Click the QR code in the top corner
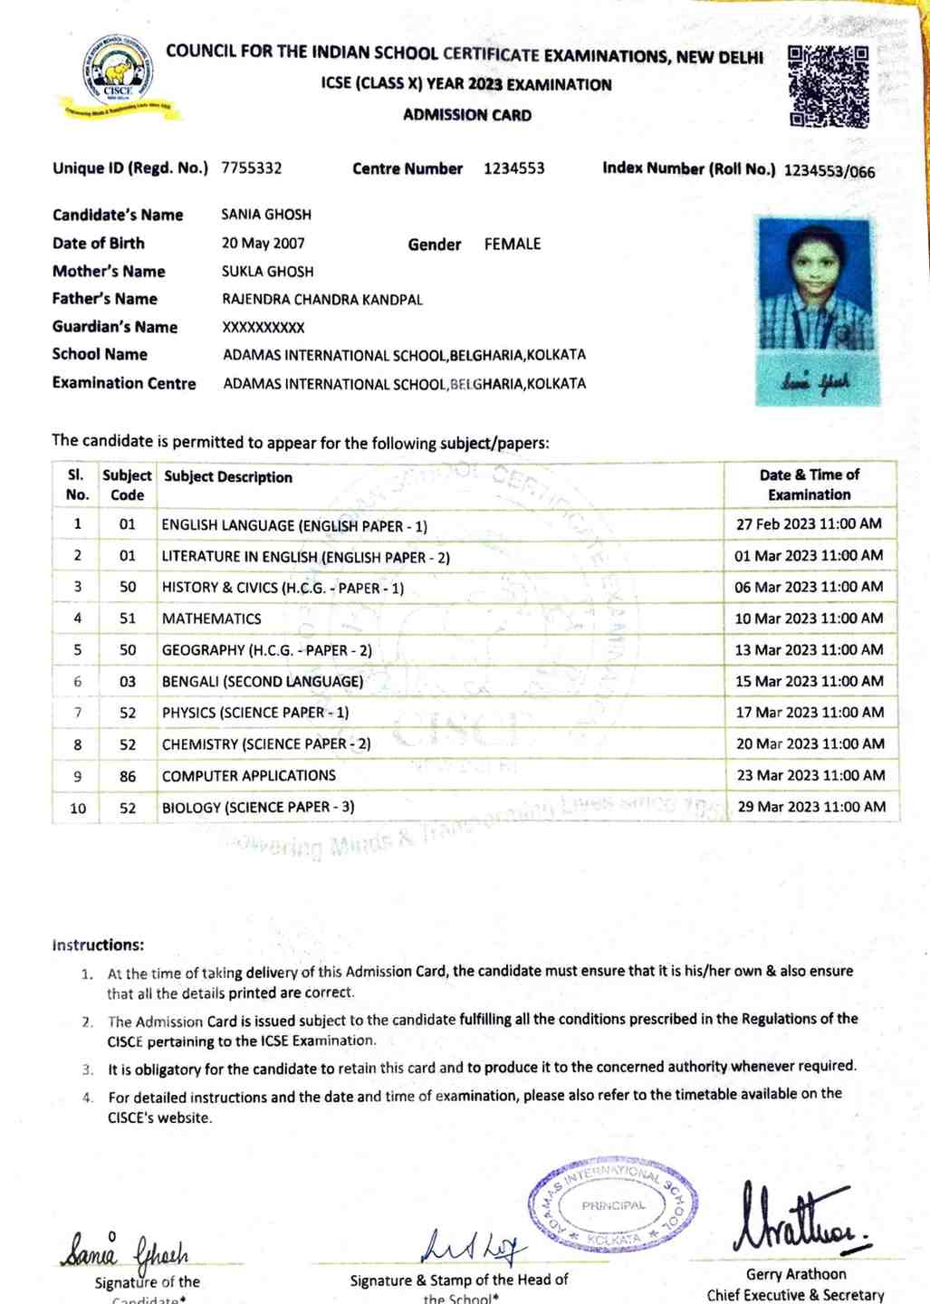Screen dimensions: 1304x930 (829, 86)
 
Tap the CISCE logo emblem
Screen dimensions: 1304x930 (118, 77)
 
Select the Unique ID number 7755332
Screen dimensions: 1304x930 (252, 168)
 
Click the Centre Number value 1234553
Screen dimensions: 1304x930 (514, 168)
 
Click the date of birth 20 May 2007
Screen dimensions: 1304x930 (264, 244)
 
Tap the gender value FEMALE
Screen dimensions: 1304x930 (513, 244)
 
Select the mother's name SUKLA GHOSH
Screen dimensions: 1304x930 (268, 272)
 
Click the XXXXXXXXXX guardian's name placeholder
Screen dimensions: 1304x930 (264, 328)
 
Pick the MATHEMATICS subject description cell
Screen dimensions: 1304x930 (212, 618)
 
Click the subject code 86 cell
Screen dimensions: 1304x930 (128, 776)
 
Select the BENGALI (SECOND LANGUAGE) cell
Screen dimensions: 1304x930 (263, 681)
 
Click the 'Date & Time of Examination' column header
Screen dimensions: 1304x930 (810, 484)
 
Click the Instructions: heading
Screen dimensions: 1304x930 (98, 945)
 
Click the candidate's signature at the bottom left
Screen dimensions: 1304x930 (125, 1254)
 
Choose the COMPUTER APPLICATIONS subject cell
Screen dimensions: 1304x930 (249, 776)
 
